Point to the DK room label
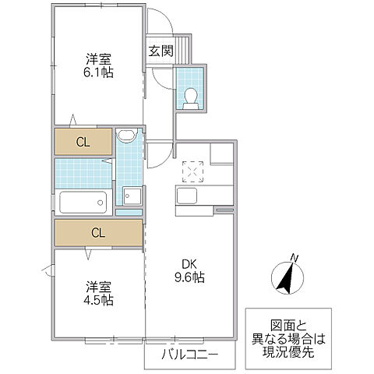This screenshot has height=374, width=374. (190, 262)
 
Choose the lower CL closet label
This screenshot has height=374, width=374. (97, 232)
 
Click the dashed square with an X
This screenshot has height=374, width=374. (192, 170)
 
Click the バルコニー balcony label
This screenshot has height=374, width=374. (189, 355)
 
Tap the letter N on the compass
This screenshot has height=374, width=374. (294, 258)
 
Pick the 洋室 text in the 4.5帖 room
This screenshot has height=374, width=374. (99, 286)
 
